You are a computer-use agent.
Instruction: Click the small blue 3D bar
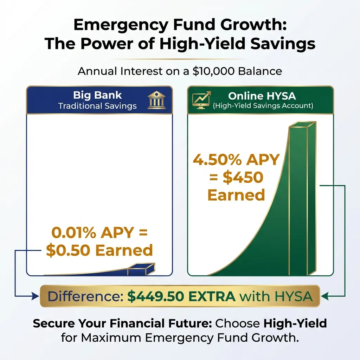click(x=141, y=270)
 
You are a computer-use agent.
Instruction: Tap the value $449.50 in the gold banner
click(x=151, y=297)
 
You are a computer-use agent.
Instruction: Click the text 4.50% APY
click(x=236, y=161)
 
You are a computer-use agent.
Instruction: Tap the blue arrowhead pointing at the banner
click(x=36, y=297)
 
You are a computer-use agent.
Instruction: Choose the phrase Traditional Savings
click(x=97, y=106)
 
